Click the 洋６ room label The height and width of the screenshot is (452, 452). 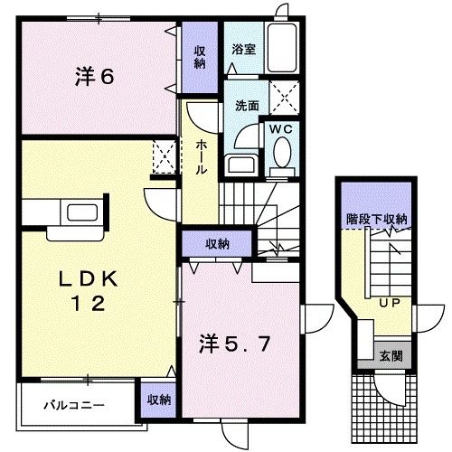[x=93, y=77]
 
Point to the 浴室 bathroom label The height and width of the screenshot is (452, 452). [x=241, y=49]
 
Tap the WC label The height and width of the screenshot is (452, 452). [x=278, y=129]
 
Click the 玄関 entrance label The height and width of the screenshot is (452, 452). [x=391, y=353]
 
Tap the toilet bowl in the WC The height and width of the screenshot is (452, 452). [x=280, y=155]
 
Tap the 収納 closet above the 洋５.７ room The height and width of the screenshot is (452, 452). [x=216, y=243]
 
